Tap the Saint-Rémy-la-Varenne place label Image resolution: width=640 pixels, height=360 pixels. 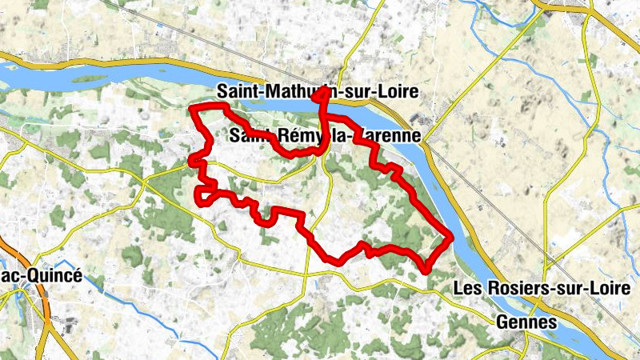[324, 136]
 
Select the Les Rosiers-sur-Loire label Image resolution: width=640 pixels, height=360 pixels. [546, 288]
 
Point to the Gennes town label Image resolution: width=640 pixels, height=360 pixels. [526, 322]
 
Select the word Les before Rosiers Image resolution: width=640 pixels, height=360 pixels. [469, 288]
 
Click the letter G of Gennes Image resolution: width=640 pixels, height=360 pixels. [503, 322]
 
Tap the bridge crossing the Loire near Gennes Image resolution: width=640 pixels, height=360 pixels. [522, 308]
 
